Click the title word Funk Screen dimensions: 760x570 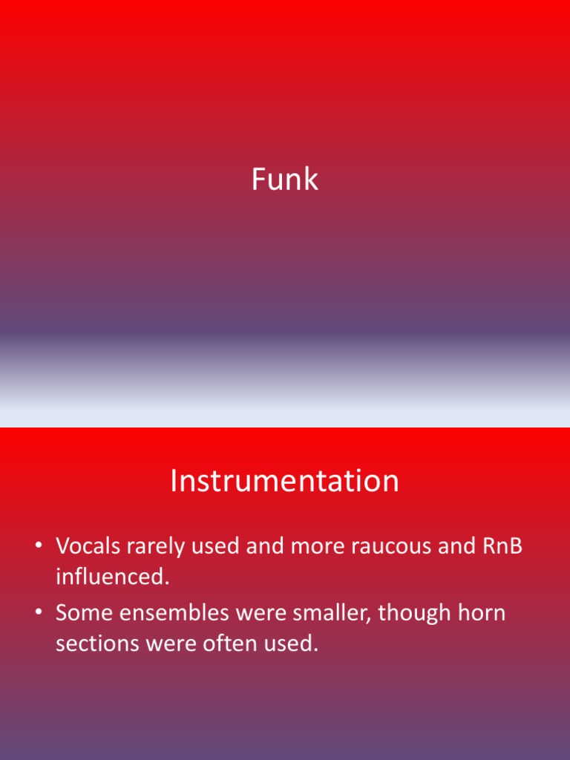pos(285,180)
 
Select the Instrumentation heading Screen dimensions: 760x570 pos(285,481)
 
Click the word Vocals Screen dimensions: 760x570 pos(88,546)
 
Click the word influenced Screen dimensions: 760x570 pos(113,577)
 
